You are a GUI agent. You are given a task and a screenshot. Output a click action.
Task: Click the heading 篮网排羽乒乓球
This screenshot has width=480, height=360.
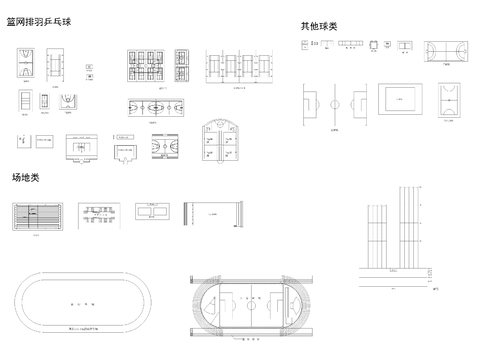pyautogui.click(x=46, y=22)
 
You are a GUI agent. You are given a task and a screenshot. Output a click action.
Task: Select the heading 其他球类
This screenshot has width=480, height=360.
pyautogui.click(x=318, y=27)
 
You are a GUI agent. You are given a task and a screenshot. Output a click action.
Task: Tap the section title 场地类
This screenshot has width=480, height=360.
pyautogui.click(x=25, y=177)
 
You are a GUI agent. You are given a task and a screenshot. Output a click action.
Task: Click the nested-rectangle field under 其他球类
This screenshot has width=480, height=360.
pyautogui.click(x=404, y=99)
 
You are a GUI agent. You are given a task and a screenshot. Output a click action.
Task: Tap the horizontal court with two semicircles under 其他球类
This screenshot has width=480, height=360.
pyautogui.click(x=445, y=48)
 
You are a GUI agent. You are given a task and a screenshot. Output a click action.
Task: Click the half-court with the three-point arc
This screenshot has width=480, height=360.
pyautogui.click(x=70, y=101)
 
